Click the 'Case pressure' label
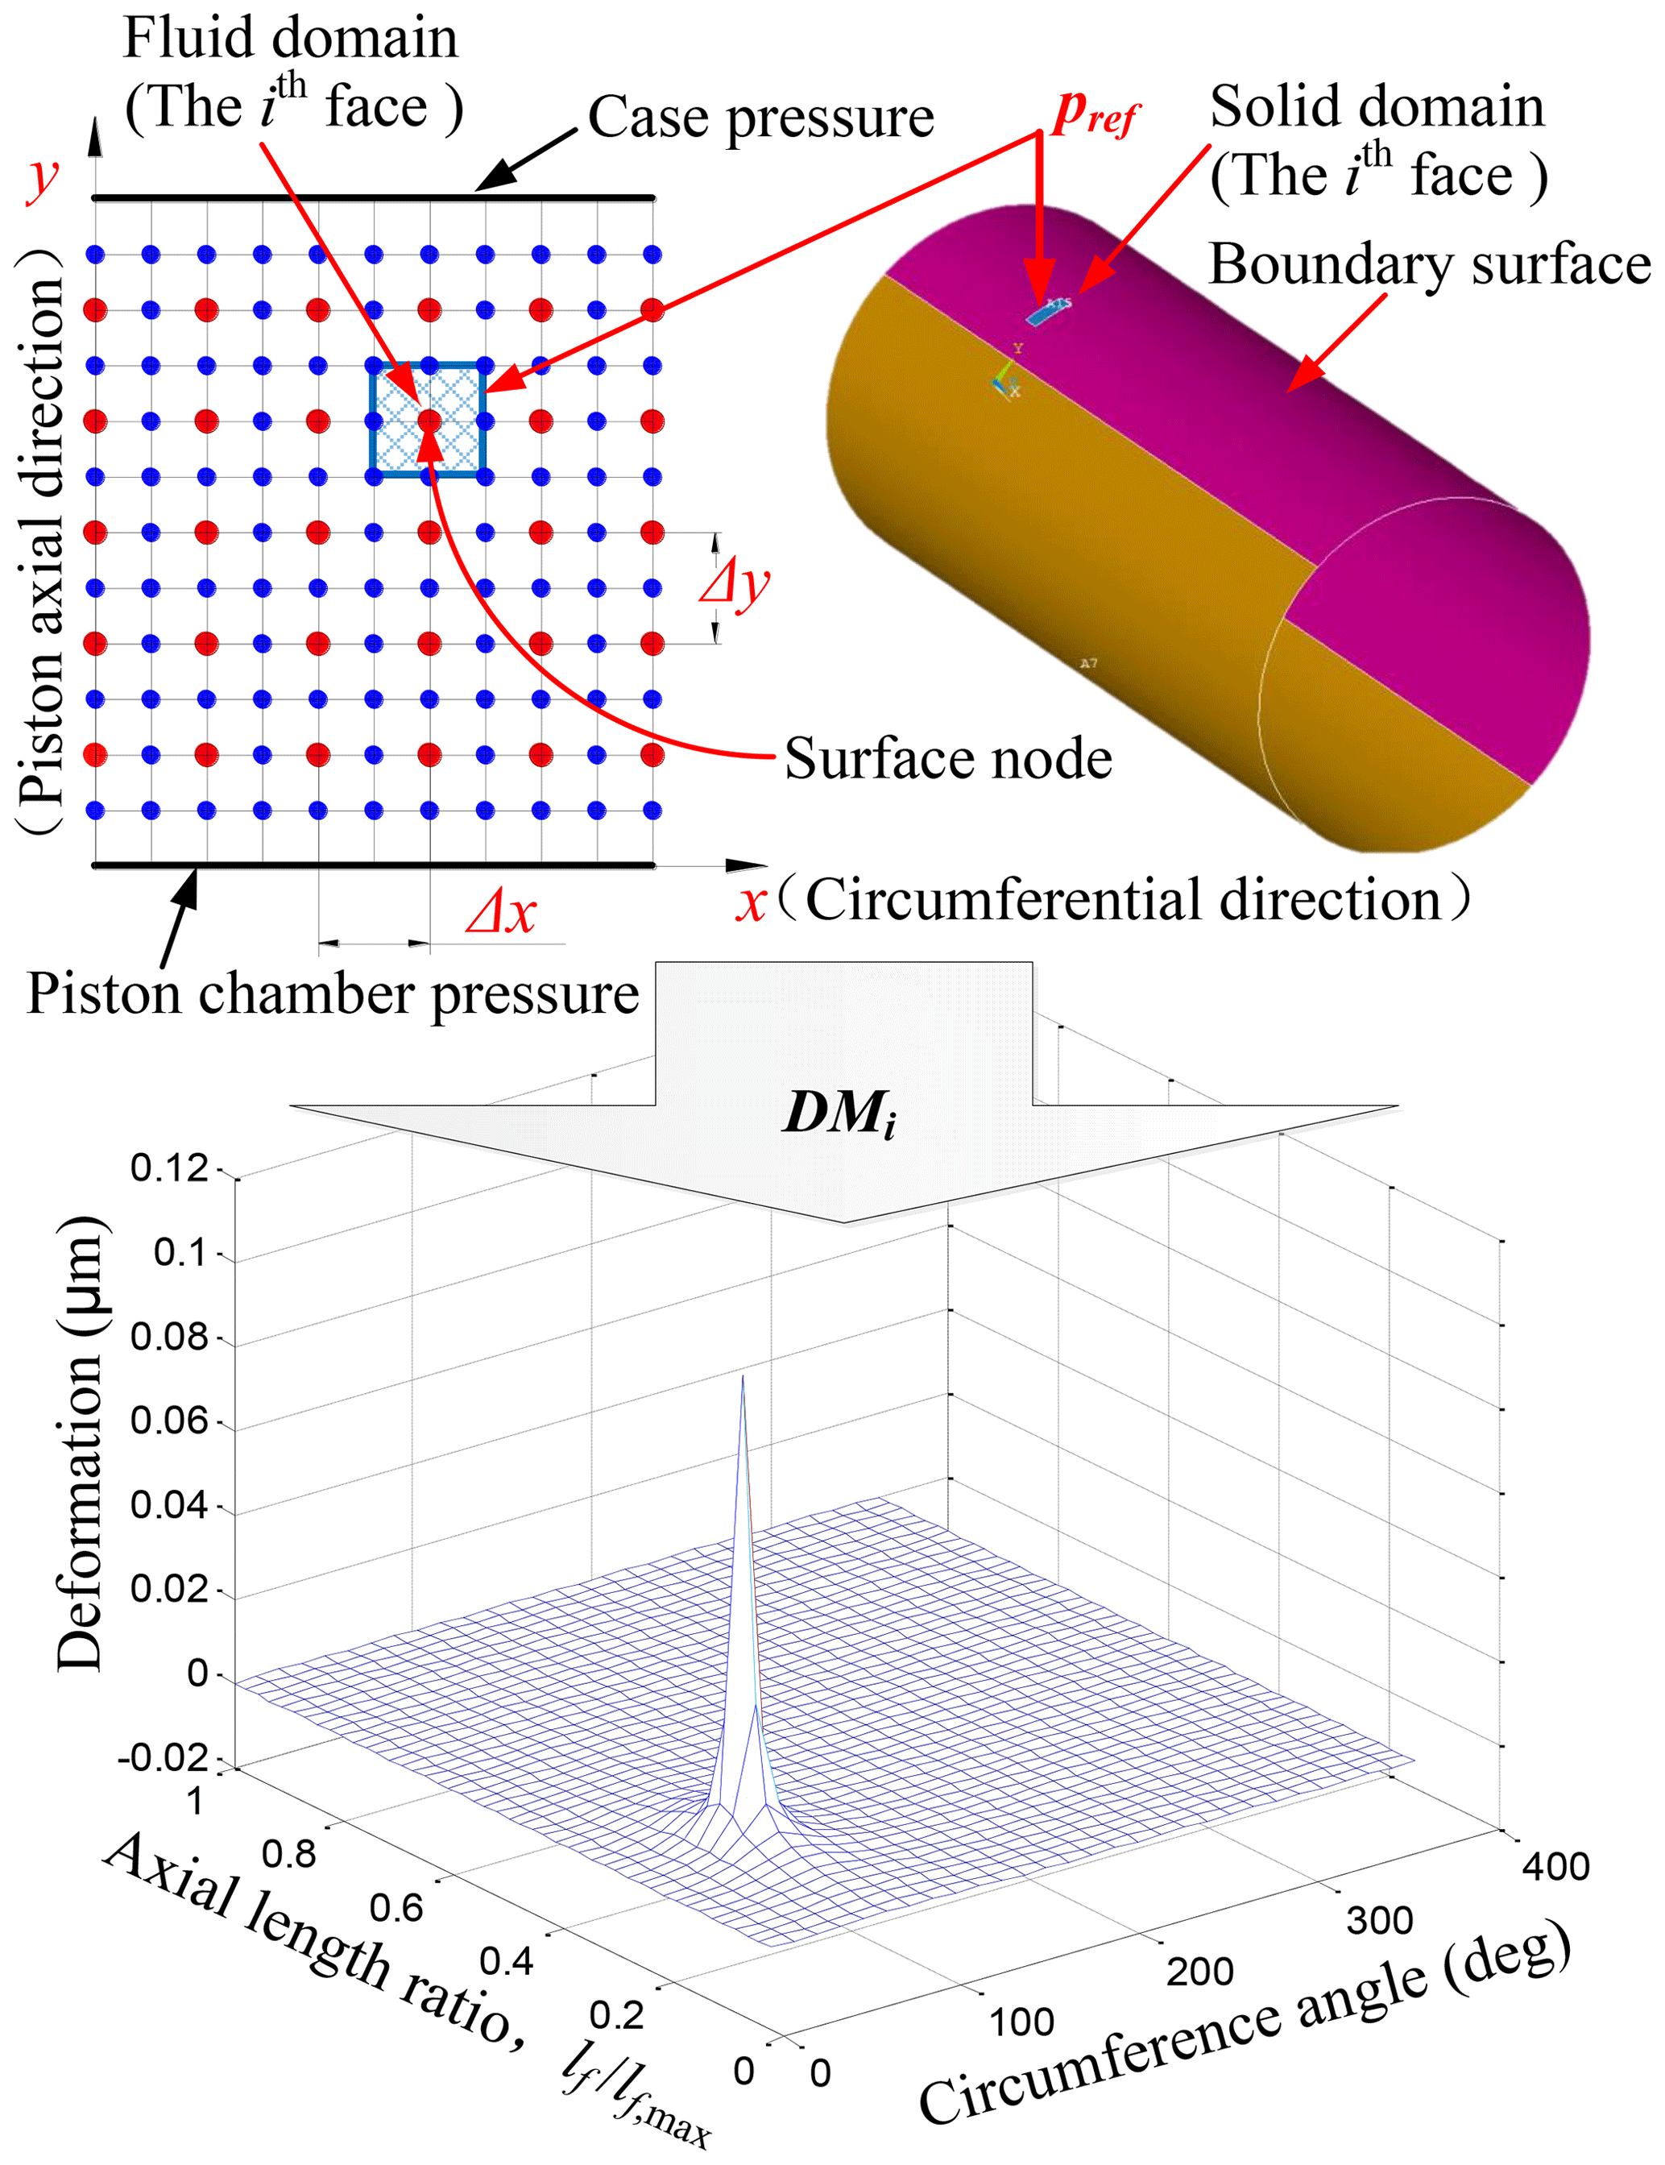[x=760, y=118]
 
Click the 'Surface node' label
[x=947, y=759]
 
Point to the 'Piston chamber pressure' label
[x=332, y=993]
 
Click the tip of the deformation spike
[x=743, y=1377]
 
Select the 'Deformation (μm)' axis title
[x=79, y=1442]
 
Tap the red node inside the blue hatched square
[x=429, y=421]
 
